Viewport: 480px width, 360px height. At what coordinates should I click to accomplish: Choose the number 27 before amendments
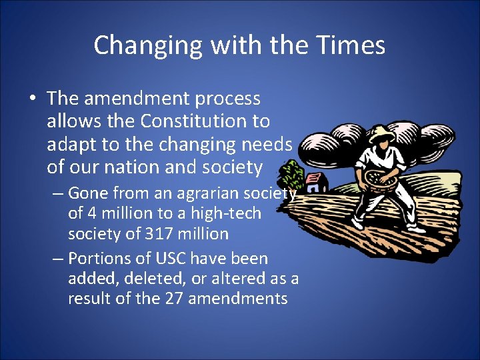pos(173,298)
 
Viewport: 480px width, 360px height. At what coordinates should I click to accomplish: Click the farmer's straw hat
pos(379,131)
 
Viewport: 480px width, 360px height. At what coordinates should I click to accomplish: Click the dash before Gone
pos(58,194)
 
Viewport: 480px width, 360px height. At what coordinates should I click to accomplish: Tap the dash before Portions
pos(58,259)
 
